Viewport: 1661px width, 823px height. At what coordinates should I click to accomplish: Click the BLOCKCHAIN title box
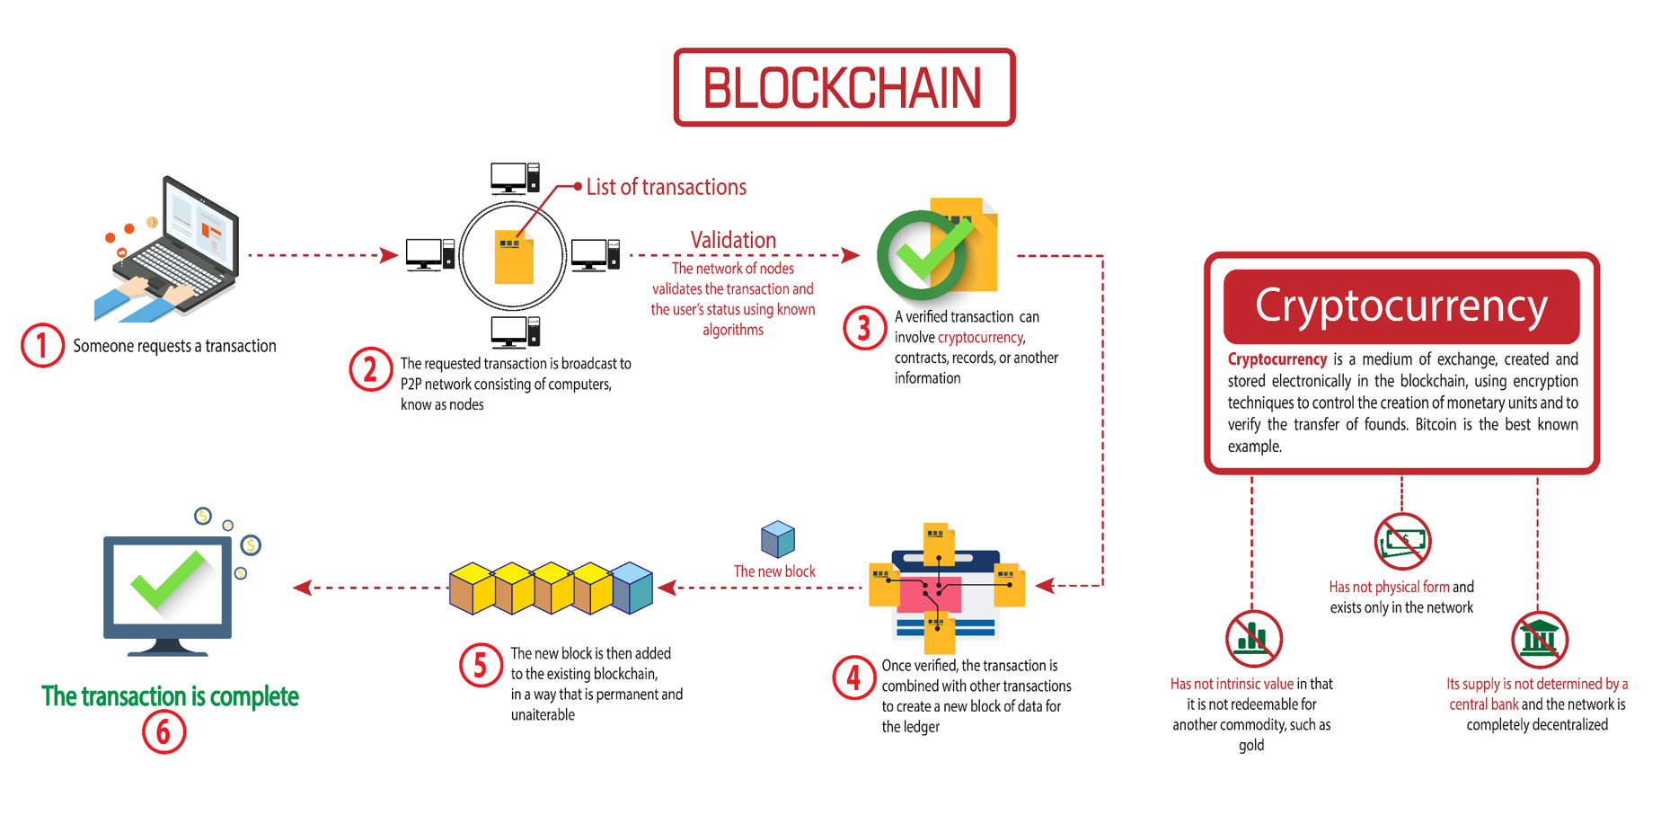click(x=844, y=87)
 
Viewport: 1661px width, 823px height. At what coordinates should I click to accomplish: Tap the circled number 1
click(x=42, y=346)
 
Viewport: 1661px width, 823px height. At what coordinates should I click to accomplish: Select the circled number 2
click(x=370, y=369)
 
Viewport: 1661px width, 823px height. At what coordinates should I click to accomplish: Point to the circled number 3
click(x=864, y=328)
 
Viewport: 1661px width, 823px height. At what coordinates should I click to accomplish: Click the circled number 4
click(x=853, y=677)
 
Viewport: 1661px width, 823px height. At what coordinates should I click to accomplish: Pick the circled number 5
click(x=481, y=666)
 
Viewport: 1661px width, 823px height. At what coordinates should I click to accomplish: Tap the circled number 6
click(x=163, y=731)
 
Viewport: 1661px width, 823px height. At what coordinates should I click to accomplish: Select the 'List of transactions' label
click(x=666, y=187)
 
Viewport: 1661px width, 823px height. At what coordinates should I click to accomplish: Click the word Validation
click(x=733, y=240)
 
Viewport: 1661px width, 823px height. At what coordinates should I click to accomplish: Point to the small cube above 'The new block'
click(x=777, y=538)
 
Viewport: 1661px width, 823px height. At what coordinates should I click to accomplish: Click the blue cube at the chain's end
click(x=632, y=588)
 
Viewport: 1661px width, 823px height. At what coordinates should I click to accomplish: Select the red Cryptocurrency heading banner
click(x=1400, y=305)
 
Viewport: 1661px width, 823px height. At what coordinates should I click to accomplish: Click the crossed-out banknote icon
click(x=1402, y=542)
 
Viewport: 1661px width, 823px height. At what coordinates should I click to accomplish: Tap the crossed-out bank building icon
click(x=1539, y=640)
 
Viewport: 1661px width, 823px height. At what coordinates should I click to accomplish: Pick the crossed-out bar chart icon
click(x=1253, y=639)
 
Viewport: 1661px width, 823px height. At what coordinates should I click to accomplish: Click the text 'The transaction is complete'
click(x=170, y=696)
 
